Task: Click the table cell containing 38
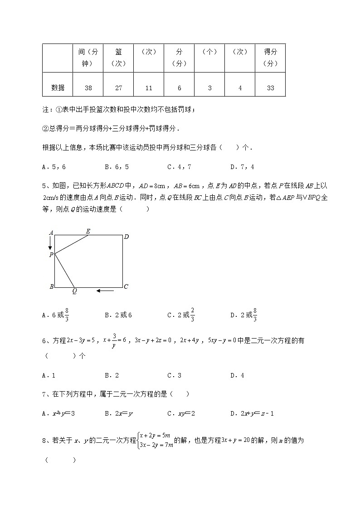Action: pos(88,88)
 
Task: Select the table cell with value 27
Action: pos(118,88)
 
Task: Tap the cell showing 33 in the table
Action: pos(270,88)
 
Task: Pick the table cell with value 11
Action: pos(149,88)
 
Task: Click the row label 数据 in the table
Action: pos(58,88)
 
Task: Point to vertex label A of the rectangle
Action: pos(51,233)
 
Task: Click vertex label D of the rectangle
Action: pos(126,236)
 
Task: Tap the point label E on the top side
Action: pos(88,231)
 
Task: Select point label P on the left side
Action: pos(51,255)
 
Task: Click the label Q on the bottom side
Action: pos(74,291)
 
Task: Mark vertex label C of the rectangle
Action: pos(126,286)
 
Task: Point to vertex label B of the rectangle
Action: pos(51,287)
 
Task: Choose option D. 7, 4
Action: pos(242,167)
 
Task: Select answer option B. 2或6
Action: pos(118,315)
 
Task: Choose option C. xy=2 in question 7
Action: pos(180,413)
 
